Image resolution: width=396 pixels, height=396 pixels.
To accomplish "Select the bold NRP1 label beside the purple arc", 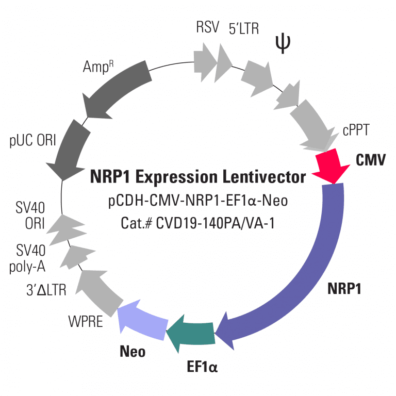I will coord(344,288).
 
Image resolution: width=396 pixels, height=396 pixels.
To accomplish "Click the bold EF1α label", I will coord(202,368).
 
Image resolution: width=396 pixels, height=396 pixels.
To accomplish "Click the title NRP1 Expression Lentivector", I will coord(198,177).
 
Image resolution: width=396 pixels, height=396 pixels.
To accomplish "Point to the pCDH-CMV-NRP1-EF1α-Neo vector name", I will coord(198,201).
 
